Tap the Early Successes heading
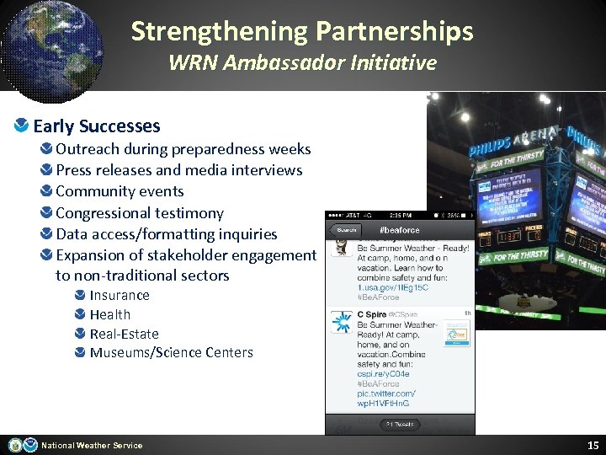coord(96,126)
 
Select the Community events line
coord(120,191)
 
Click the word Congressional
coord(105,213)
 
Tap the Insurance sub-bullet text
coord(120,296)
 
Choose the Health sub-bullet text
coord(110,314)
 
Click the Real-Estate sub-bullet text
coord(124,334)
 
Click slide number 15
coord(593,444)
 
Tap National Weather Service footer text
coord(92,445)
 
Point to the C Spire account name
coord(371,315)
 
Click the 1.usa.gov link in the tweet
coord(392,287)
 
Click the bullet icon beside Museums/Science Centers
coord(79,352)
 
